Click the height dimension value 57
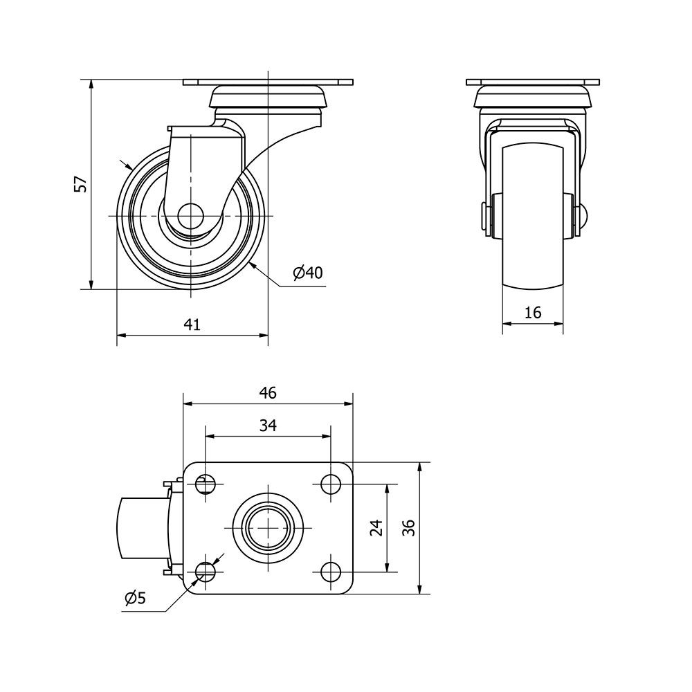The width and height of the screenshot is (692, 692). pos(80,184)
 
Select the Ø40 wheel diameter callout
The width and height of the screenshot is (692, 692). pos(308,273)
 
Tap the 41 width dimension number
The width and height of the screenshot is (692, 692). pos(192,325)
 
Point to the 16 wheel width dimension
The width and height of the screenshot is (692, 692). pos(533,313)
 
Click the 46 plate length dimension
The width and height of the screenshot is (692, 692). pos(268,392)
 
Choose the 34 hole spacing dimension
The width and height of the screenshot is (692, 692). pos(268,425)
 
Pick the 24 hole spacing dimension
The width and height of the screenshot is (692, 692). pos(376,527)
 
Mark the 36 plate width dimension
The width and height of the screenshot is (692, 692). pos(409,527)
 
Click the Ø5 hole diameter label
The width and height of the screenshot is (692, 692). pos(135,598)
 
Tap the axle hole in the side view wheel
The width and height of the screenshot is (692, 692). pos(190,216)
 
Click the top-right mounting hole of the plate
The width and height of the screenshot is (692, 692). pos(330,484)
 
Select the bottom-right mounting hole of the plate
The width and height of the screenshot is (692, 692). pos(330,572)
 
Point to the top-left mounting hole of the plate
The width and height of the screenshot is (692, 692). pos(206,484)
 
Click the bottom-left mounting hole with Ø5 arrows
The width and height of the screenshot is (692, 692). pos(206,572)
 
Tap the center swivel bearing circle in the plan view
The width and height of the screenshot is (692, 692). pos(268,528)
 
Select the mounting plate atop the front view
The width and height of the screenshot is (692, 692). pos(533,82)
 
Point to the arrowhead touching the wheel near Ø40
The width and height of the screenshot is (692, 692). pos(253,266)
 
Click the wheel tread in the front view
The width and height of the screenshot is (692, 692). pos(533,215)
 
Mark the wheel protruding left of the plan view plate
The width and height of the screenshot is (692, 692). pos(142,528)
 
